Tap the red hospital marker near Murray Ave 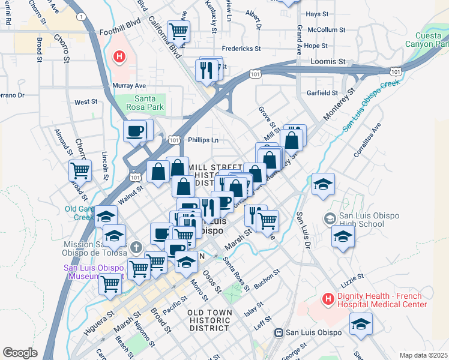(x=119, y=57)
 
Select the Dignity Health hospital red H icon (x=328, y=298)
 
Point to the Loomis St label (x=328, y=61)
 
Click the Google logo (x=20, y=352)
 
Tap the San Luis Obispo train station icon (x=279, y=332)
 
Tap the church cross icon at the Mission (x=136, y=247)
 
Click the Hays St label (x=317, y=13)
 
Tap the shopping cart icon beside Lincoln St (x=80, y=170)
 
